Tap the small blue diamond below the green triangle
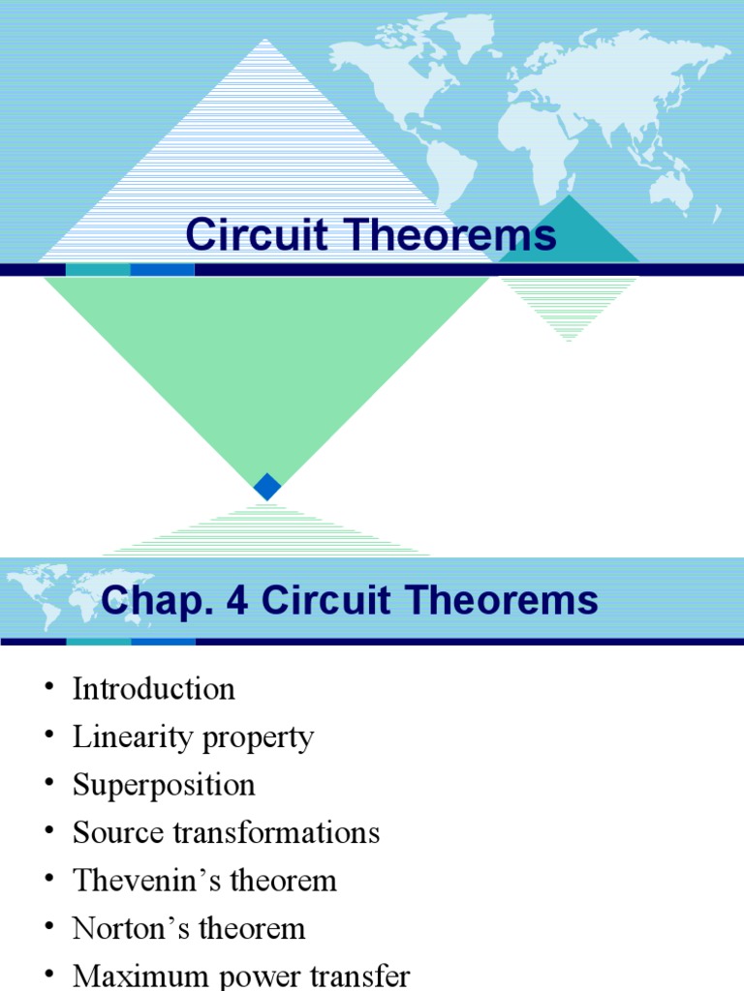coord(267,487)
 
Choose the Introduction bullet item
coord(153,689)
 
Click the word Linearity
coord(132,737)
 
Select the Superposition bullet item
coord(164,785)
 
